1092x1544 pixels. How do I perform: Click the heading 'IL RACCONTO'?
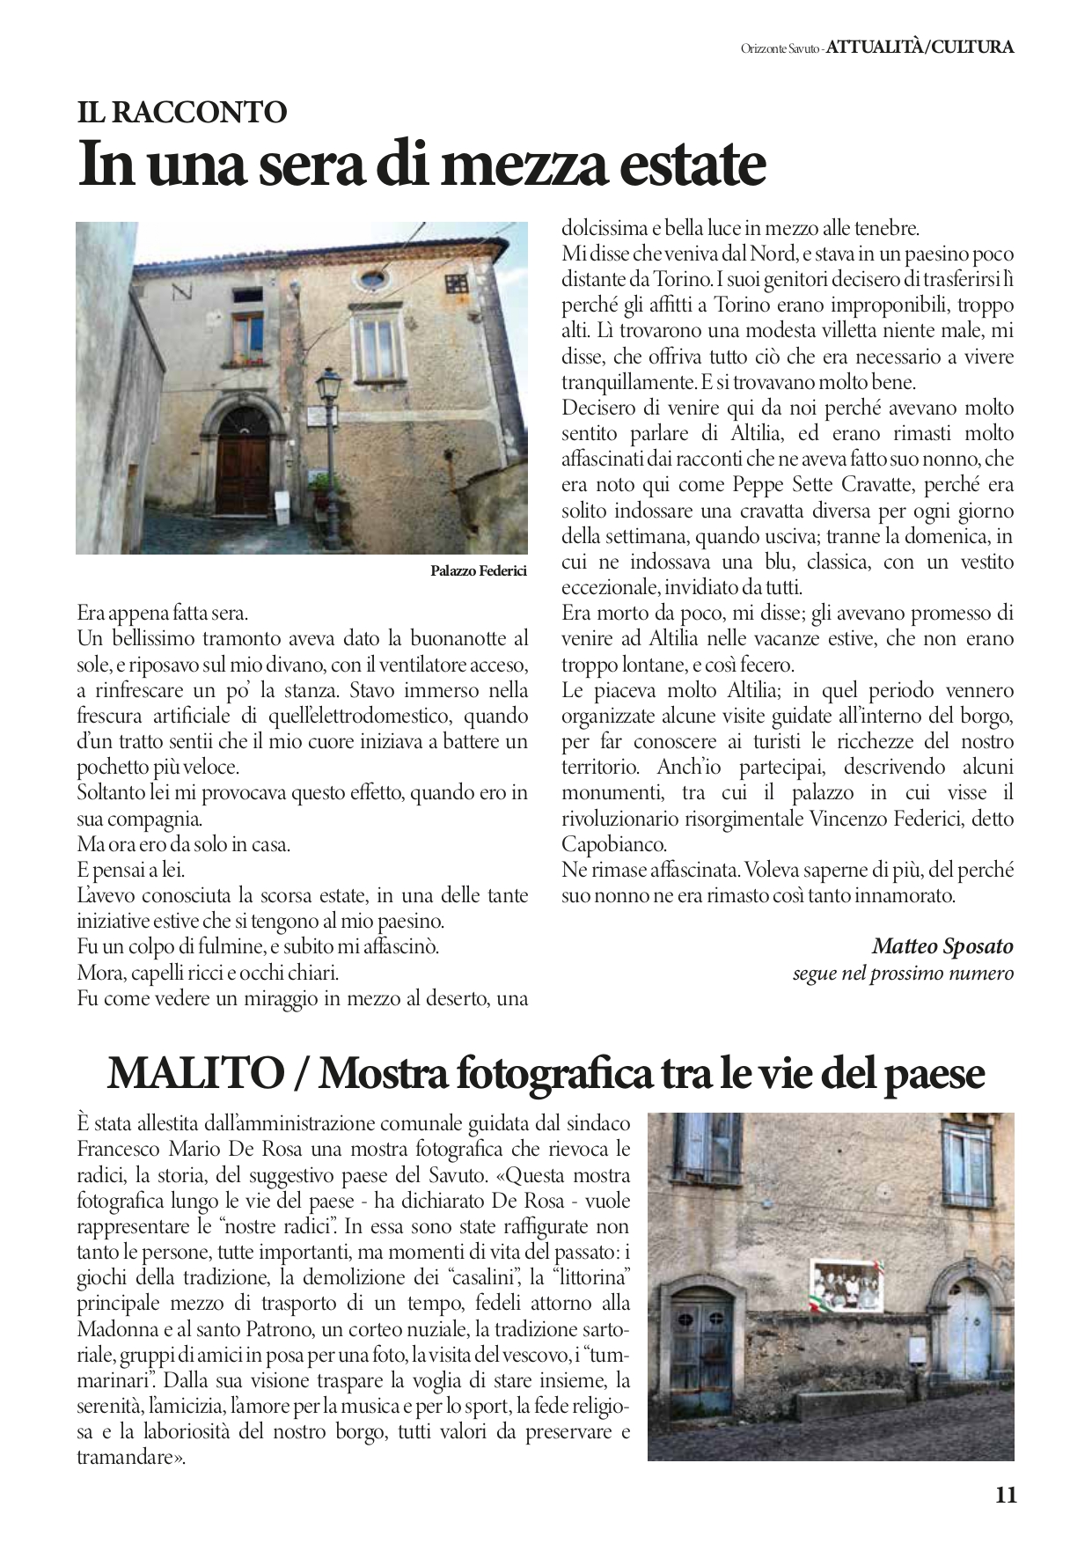182,111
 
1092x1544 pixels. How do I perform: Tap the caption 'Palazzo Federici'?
478,571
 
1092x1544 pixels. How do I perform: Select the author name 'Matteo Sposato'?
942,946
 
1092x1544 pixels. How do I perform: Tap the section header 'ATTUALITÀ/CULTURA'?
920,47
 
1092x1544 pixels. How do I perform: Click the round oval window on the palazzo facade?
373,279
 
